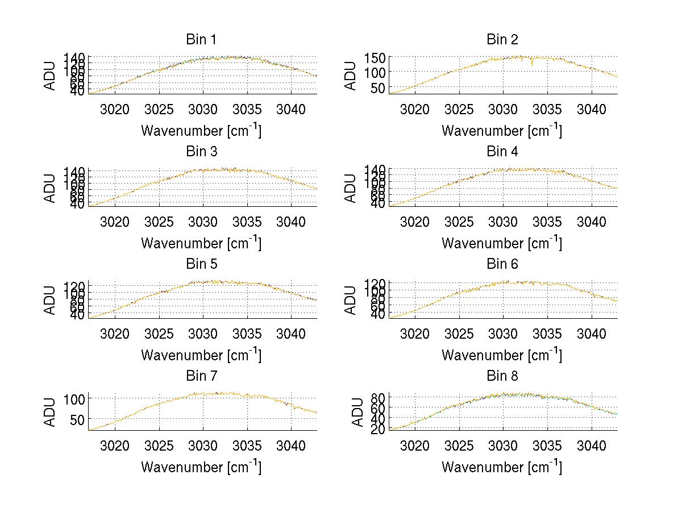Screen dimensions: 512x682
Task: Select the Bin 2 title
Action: coord(502,40)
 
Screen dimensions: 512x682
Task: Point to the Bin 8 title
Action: coord(502,376)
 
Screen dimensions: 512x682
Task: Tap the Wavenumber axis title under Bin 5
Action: coord(201,355)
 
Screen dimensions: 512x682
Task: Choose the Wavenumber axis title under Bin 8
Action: coord(502,467)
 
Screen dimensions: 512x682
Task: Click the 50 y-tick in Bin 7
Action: coord(78,419)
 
